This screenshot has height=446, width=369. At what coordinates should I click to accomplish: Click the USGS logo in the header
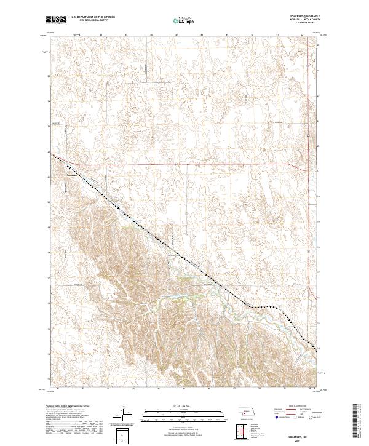pyautogui.click(x=57, y=20)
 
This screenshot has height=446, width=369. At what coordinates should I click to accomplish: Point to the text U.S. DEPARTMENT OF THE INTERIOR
pyautogui.click(x=93, y=18)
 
